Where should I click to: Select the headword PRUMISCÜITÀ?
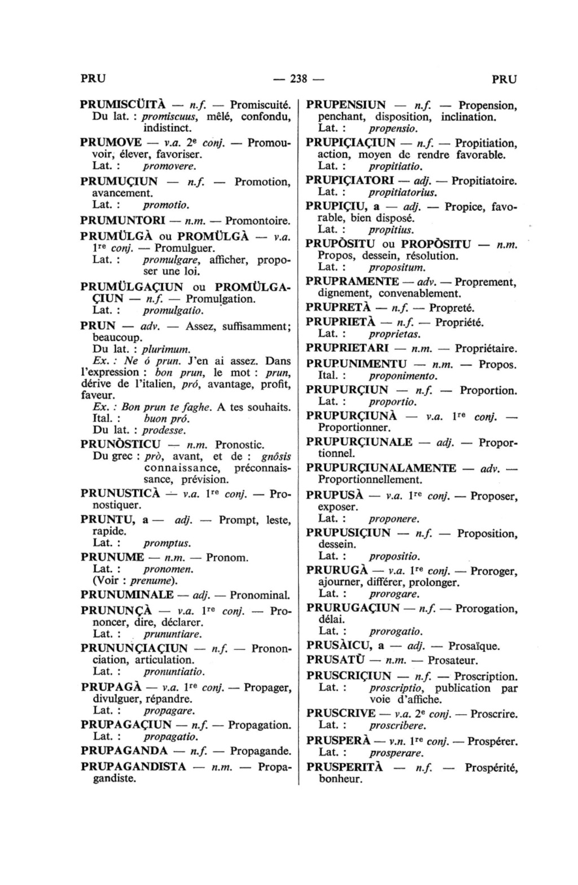[x=122, y=105]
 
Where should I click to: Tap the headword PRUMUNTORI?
[x=122, y=219]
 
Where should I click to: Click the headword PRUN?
[x=98, y=326]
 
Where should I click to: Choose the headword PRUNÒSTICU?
[x=121, y=444]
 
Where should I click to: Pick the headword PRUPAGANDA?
[x=124, y=751]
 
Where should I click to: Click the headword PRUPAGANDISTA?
[x=133, y=767]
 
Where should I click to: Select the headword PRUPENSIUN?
[x=345, y=105]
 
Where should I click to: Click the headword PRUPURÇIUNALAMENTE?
[x=381, y=468]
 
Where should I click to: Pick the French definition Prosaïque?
[x=474, y=646]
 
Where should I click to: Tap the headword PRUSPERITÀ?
[x=345, y=768]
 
